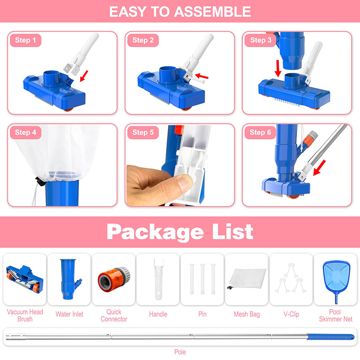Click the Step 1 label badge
click(x=26, y=40)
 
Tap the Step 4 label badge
click(x=26, y=132)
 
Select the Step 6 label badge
click(x=260, y=132)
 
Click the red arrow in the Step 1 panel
click(x=84, y=76)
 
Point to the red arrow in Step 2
click(x=202, y=76)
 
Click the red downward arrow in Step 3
click(x=278, y=68)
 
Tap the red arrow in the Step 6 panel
click(x=319, y=168)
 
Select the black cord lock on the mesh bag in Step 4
click(x=40, y=181)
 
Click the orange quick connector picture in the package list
click(x=114, y=279)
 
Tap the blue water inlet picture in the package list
click(x=70, y=279)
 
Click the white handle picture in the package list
click(x=158, y=279)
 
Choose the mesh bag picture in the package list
click(x=247, y=279)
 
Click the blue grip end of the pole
click(x=331, y=337)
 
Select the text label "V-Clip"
click(x=291, y=314)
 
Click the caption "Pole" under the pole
click(x=180, y=352)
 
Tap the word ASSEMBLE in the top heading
click(x=212, y=12)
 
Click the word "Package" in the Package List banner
click(x=155, y=232)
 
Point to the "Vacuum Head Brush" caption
click(x=25, y=315)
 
